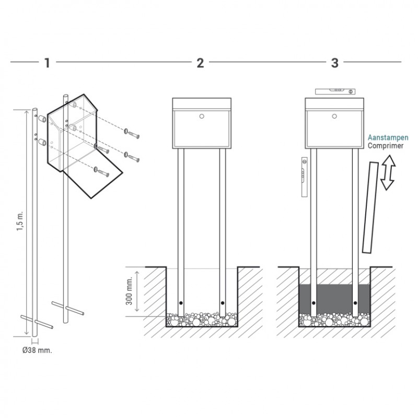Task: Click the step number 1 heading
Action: pyautogui.click(x=47, y=63)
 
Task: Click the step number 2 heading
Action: pyautogui.click(x=200, y=63)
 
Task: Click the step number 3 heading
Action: pyautogui.click(x=335, y=63)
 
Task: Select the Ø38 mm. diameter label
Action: pyautogui.click(x=37, y=350)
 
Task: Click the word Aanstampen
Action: pyautogui.click(x=388, y=137)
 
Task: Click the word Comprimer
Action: pyautogui.click(x=385, y=146)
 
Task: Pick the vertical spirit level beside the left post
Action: pyautogui.click(x=303, y=178)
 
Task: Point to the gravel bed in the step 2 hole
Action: pyautogui.click(x=201, y=319)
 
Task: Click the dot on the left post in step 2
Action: pyautogui.click(x=180, y=303)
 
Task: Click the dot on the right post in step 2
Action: pyautogui.click(x=223, y=303)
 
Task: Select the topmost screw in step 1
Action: pyautogui.click(x=133, y=133)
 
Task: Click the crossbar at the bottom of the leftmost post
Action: pyautogui.click(x=37, y=321)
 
